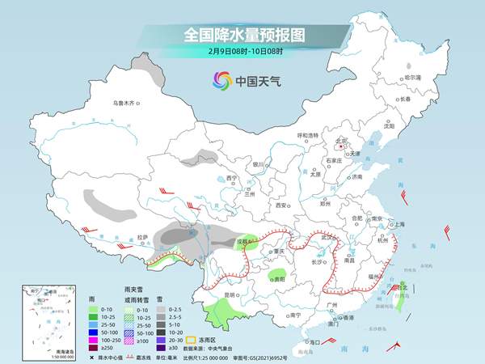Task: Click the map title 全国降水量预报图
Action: tap(242, 35)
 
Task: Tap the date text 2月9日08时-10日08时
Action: tap(242, 53)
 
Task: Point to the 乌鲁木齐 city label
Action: tap(127, 103)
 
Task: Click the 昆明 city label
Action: tap(232, 294)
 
